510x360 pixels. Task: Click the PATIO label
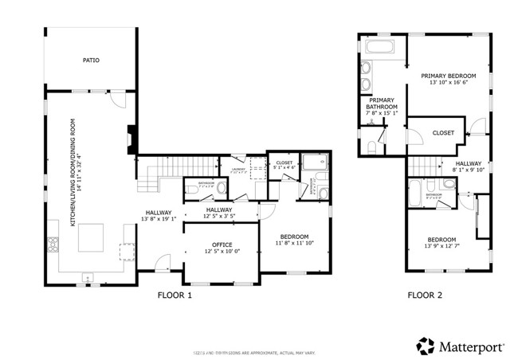click(x=91, y=60)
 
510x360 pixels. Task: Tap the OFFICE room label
click(x=222, y=245)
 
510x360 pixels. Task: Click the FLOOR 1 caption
click(x=175, y=295)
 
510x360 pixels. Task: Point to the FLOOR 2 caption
click(x=426, y=295)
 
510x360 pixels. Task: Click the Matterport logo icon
click(x=426, y=346)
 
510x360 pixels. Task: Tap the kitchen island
click(x=92, y=237)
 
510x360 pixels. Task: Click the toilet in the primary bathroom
click(x=373, y=146)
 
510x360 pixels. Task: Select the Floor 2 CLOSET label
click(x=443, y=133)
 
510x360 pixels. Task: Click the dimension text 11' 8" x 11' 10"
click(x=295, y=243)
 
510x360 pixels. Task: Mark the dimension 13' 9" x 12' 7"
click(x=441, y=247)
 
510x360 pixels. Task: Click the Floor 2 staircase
click(x=426, y=165)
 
